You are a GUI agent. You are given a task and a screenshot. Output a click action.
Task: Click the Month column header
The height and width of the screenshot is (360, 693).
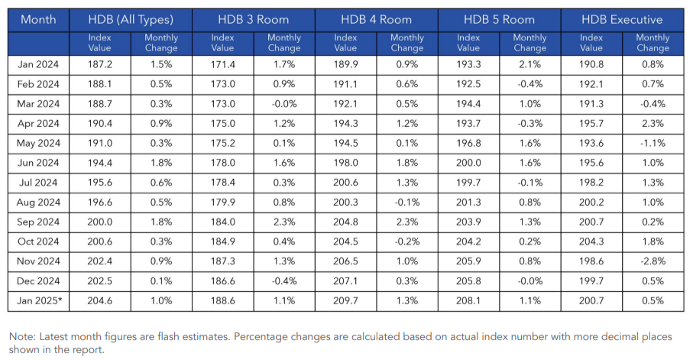38,20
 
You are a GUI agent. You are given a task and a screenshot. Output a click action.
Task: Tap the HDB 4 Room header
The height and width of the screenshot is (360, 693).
376,20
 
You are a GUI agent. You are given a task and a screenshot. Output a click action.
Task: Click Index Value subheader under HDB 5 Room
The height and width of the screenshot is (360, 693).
468,43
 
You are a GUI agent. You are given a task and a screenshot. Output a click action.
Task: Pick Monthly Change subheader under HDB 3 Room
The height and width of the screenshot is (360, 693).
283,43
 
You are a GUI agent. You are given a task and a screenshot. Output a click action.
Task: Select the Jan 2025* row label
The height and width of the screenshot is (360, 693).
39,301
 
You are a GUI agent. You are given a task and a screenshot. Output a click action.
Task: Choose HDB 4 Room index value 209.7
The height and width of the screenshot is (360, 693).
345,301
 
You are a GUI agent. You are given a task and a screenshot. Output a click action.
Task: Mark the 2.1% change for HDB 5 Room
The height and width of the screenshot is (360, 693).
529,65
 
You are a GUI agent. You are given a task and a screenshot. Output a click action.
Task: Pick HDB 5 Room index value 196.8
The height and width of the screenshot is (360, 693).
468,142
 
